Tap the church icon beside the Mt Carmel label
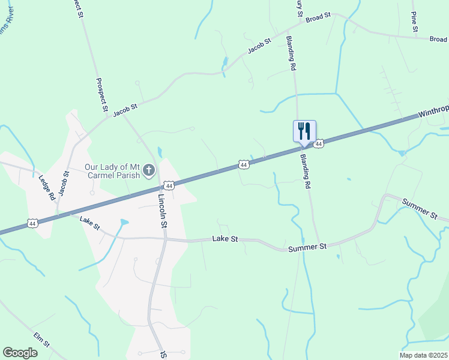(149, 172)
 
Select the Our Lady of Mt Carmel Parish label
(112, 171)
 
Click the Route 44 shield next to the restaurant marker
(319, 144)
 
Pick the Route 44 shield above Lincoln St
(170, 187)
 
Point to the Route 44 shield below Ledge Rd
(32, 223)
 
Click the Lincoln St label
(162, 211)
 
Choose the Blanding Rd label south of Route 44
(306, 172)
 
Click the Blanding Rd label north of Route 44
(292, 54)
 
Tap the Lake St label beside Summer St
(225, 239)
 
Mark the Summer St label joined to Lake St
(307, 247)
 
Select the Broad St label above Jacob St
(318, 18)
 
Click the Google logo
(20, 352)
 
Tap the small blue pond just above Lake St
(124, 222)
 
